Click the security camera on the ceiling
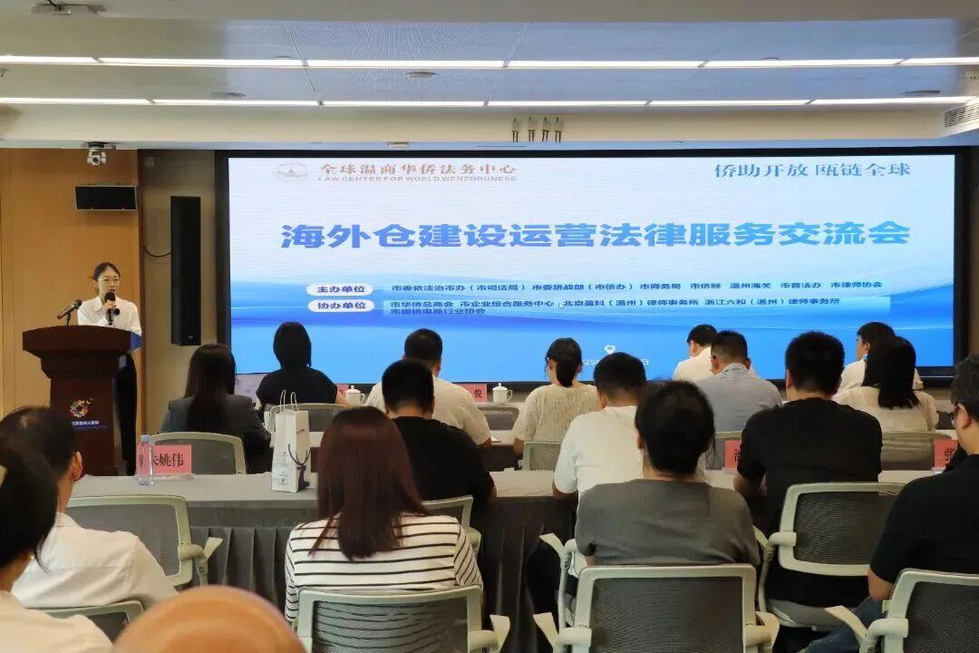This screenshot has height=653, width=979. (96, 154)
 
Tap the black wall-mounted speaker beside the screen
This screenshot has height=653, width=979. (185, 269)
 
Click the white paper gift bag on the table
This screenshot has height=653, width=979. (290, 447)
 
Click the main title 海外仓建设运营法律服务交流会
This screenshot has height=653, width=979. (595, 235)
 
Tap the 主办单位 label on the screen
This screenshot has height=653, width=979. (339, 289)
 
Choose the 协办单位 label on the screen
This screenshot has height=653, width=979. (339, 306)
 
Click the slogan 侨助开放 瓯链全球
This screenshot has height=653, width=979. (811, 170)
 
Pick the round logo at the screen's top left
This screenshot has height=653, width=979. (291, 171)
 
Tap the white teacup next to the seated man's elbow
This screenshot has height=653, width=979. (500, 394)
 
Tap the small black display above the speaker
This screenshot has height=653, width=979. (105, 198)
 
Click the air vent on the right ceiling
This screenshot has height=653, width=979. (961, 114)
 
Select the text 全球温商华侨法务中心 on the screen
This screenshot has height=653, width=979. (417, 169)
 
